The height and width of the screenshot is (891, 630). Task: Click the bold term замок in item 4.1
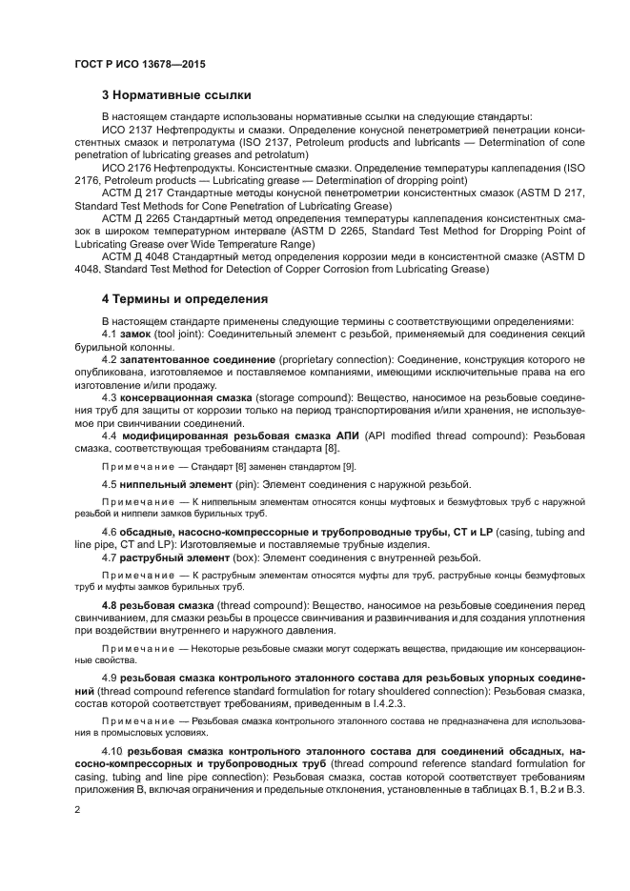point(136,334)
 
